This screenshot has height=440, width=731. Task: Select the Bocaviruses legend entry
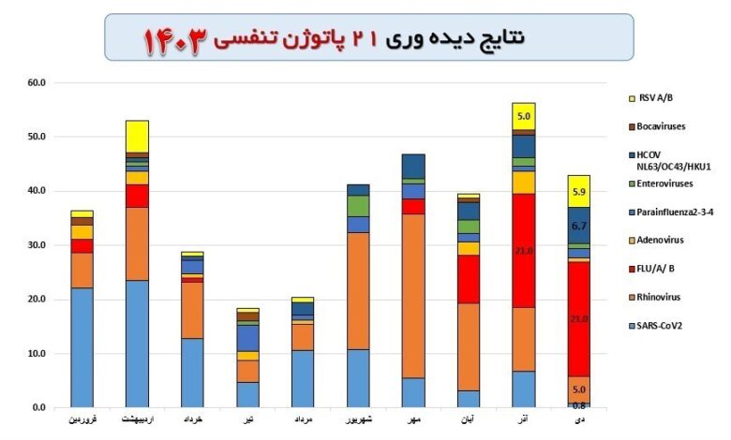[666, 125]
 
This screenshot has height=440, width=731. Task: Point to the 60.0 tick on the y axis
[37, 82]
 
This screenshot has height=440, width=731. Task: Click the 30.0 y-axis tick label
[37, 245]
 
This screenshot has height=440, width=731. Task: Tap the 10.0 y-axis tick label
[37, 354]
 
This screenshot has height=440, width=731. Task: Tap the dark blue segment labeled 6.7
[579, 226]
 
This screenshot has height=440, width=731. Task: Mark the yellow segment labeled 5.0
[523, 117]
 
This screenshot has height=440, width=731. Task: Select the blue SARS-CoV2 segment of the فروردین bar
[82, 347]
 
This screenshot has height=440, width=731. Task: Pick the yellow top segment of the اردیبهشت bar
[137, 136]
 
